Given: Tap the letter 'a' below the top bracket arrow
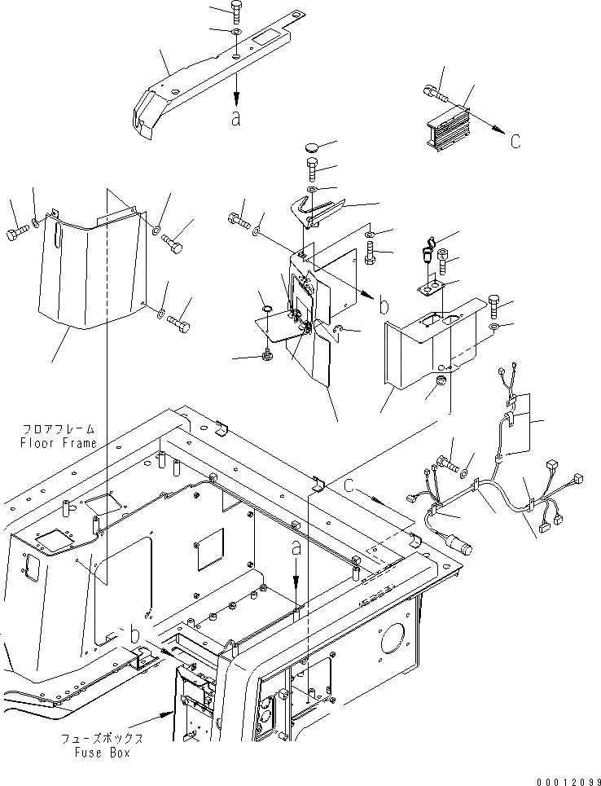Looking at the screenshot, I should (x=235, y=119).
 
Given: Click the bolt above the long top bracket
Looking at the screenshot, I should (x=235, y=11).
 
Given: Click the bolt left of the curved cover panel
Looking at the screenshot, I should (x=17, y=234).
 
